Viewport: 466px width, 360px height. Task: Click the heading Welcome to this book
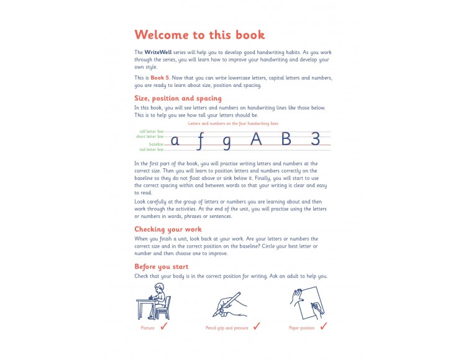tap(199, 35)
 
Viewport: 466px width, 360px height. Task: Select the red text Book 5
tap(160, 78)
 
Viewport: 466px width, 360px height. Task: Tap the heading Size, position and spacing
tap(178, 98)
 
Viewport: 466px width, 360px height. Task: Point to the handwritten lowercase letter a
tap(175, 141)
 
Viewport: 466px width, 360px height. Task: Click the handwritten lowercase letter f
tap(199, 141)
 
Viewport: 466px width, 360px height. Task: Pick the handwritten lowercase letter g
tap(226, 142)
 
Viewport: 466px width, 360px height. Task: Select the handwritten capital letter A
tap(257, 139)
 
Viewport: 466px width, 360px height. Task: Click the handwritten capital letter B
tap(286, 139)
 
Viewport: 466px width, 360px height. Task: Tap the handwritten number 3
tap(315, 139)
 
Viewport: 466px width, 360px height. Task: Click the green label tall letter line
tap(151, 132)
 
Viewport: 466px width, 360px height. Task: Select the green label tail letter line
tap(151, 150)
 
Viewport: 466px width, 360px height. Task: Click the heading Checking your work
tap(168, 229)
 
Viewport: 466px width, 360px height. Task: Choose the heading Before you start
tap(162, 267)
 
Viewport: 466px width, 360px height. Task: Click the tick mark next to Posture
tap(164, 326)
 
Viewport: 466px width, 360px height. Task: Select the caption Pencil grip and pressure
tap(227, 328)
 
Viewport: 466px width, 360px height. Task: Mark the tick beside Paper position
tap(324, 326)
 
